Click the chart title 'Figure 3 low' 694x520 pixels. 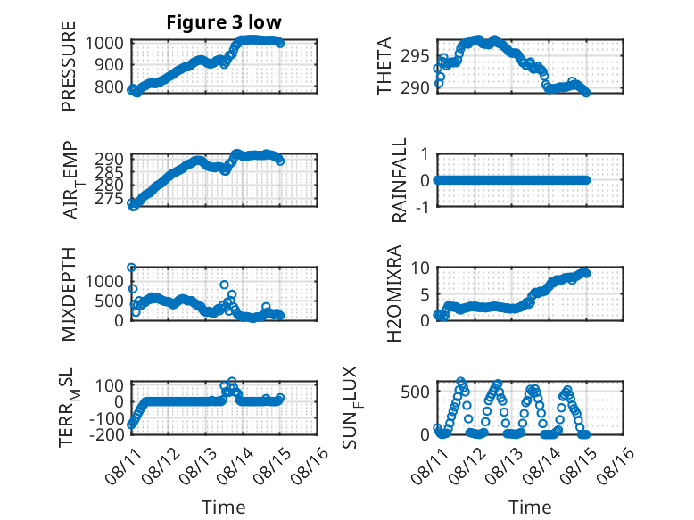[x=224, y=22]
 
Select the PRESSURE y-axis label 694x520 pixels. [x=69, y=66]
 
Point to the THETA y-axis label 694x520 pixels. [x=384, y=66]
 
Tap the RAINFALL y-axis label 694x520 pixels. [x=399, y=180]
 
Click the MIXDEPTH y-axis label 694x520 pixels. [x=69, y=294]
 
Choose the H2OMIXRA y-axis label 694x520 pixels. [x=393, y=293]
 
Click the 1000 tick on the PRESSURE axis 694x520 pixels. [x=104, y=44]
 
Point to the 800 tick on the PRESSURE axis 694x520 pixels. [x=110, y=87]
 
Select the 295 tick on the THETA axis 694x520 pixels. [x=415, y=56]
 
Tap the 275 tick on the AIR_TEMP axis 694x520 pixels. [x=110, y=199]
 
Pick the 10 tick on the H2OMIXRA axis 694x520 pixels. [x=420, y=268]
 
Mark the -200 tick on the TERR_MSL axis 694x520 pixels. [x=107, y=434]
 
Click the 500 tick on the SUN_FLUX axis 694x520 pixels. [x=415, y=392]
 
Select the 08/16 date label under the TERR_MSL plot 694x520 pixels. [x=310, y=466]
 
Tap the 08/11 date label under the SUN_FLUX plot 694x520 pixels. [x=429, y=466]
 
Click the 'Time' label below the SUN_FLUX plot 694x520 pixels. [x=530, y=507]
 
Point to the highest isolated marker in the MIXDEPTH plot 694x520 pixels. [x=131, y=268]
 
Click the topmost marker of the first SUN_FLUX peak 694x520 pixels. [x=461, y=381]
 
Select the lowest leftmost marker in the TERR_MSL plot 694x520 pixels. [x=131, y=425]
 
